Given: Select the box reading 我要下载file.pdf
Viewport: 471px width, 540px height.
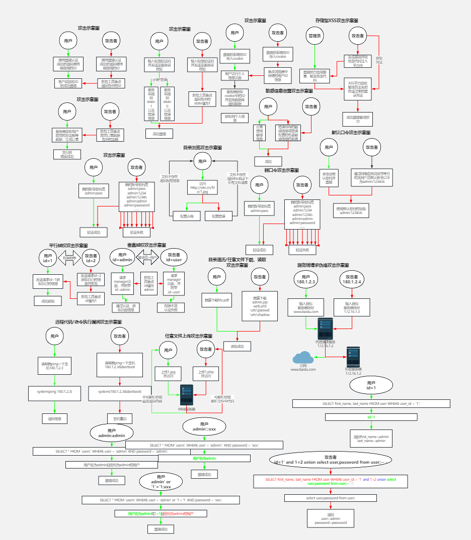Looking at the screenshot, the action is click(217, 300).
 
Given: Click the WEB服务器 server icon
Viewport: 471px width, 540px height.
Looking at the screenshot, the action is click(187, 395).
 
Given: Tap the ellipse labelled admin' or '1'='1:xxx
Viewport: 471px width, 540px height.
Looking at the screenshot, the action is click(161, 482).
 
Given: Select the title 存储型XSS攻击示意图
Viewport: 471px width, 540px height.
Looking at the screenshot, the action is click(337, 21).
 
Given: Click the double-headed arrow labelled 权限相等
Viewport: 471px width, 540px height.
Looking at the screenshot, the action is click(69, 258).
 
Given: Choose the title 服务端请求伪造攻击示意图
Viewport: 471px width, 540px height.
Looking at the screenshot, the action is click(323, 265).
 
